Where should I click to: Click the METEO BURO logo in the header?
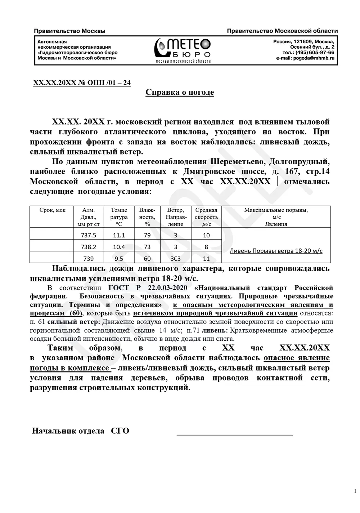pos(183,50)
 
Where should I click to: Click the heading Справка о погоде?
pos(180,93)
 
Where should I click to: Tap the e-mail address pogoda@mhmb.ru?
pos(314,58)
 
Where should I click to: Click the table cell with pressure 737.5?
pos(89,236)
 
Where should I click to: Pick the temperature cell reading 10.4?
pos(119,247)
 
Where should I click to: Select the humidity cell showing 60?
pos(147,259)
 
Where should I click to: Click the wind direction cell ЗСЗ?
pos(175,259)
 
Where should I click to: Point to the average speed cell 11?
pos(206,259)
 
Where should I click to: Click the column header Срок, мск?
pos(52,210)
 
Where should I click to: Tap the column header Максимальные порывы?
pos(276,210)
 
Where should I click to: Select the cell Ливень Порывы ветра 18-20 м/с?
pos(276,251)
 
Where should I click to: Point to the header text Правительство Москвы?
pos(69,31)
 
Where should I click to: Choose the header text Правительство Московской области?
pos(282,31)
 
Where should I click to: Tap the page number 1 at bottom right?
pos(355,491)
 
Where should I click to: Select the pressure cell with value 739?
pos(89,259)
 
